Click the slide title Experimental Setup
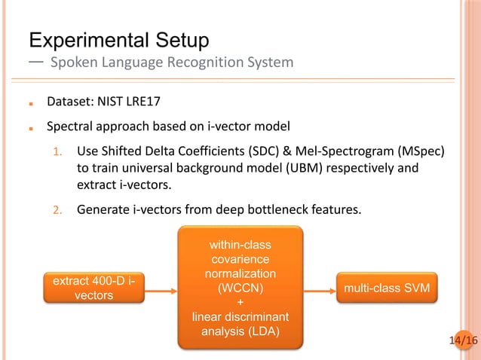click(118, 38)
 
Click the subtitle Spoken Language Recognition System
click(171, 62)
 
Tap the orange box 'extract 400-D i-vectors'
click(94, 288)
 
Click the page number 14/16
click(463, 341)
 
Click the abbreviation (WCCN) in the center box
click(240, 287)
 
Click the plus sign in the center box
click(240, 301)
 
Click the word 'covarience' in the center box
click(240, 259)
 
